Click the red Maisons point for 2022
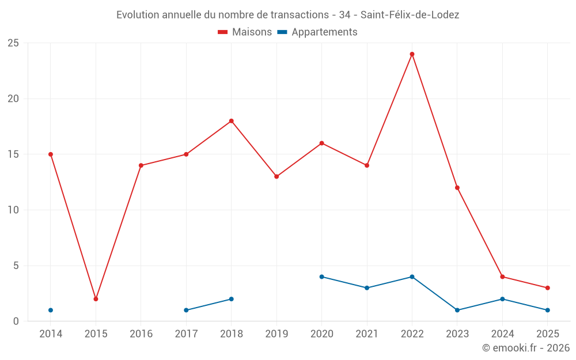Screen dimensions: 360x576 412,54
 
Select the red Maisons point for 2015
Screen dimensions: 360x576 96,299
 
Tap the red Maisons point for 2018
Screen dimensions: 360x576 231,121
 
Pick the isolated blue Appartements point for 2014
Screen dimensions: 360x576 51,310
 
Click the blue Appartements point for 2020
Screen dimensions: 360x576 321,276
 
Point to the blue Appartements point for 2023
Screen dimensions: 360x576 457,310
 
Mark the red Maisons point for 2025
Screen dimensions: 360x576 547,288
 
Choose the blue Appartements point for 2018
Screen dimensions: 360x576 231,299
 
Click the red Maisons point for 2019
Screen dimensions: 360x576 276,176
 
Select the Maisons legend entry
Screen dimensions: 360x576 245,32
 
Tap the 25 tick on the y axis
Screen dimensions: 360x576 13,43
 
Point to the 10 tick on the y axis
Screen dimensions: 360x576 13,210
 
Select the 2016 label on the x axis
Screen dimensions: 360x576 141,334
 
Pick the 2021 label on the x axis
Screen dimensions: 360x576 367,334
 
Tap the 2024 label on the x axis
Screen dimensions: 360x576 502,334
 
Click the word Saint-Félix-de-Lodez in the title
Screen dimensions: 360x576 410,15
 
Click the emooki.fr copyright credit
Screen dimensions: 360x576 525,348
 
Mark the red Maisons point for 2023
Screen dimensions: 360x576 457,188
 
